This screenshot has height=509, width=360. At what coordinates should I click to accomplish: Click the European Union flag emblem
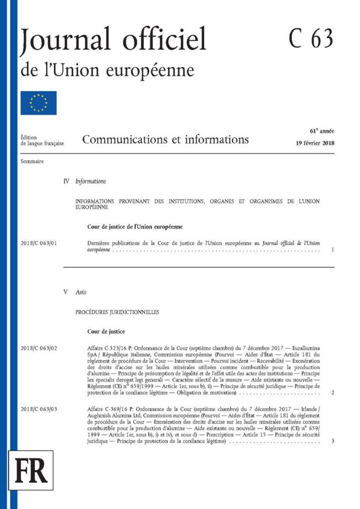tap(38, 103)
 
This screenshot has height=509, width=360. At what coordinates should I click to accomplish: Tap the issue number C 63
tap(311, 39)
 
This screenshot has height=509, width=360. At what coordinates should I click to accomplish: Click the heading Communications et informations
tap(166, 140)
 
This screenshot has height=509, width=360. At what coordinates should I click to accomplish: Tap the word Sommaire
tap(32, 162)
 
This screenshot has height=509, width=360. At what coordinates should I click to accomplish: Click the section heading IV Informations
tap(85, 181)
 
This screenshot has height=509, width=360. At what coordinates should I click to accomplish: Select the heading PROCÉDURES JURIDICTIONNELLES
tap(117, 313)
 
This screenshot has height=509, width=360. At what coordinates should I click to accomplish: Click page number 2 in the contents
tap(332, 393)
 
